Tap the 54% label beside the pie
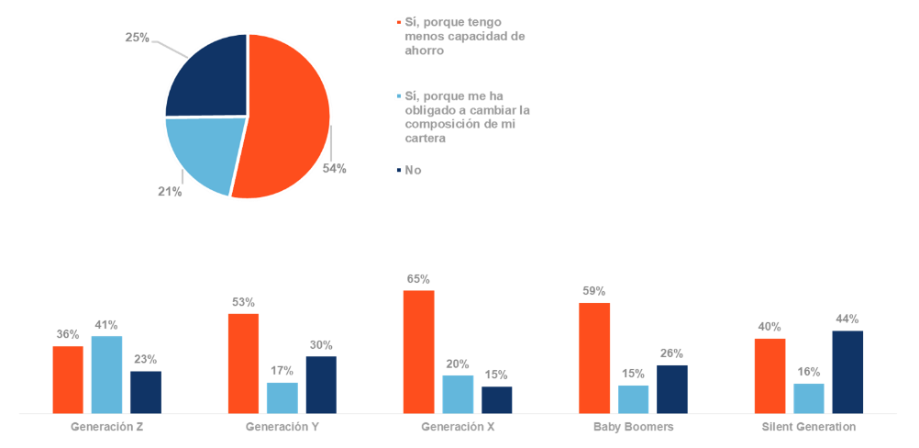[x=334, y=169]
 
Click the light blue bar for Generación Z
[x=106, y=374]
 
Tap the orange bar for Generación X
[x=418, y=351]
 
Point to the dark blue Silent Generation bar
[x=847, y=371]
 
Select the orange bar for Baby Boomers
[x=594, y=357]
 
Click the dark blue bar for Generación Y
[x=321, y=384]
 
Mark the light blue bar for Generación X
[x=458, y=393]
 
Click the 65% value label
[x=418, y=279]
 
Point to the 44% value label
[x=847, y=319]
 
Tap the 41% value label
[x=106, y=324]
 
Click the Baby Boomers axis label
[x=633, y=428]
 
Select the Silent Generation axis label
[x=809, y=428]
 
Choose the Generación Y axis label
[x=282, y=428]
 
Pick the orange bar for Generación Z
[x=68, y=378]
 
